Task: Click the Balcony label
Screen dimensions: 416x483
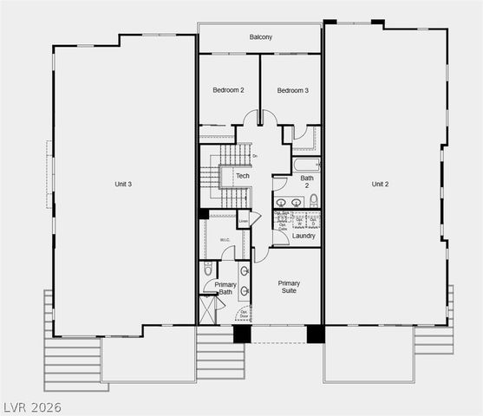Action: coord(260,36)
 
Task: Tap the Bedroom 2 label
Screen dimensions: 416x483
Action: coord(229,90)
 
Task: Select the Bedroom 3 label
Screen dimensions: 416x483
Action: coord(293,90)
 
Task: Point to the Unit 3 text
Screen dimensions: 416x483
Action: coord(123,184)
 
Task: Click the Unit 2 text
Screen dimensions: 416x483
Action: coord(380,184)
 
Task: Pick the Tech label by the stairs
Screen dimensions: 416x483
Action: coord(243,176)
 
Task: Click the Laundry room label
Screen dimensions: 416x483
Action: coord(304,236)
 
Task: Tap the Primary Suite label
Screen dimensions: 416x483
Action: coord(289,288)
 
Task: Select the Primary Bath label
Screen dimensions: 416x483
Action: coord(225,289)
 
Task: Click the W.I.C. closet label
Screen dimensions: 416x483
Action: coord(224,240)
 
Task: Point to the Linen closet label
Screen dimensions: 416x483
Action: coord(244,221)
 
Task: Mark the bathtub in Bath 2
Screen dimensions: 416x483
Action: coord(306,164)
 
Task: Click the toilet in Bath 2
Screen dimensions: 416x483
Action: coord(314,200)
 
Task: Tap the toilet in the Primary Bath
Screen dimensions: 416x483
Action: coord(207,269)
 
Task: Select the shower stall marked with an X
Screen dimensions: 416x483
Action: coord(207,309)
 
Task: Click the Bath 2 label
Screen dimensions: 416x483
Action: coord(307,182)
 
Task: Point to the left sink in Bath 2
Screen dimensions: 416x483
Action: coord(281,202)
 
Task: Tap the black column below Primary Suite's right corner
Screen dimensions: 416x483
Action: coord(316,334)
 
